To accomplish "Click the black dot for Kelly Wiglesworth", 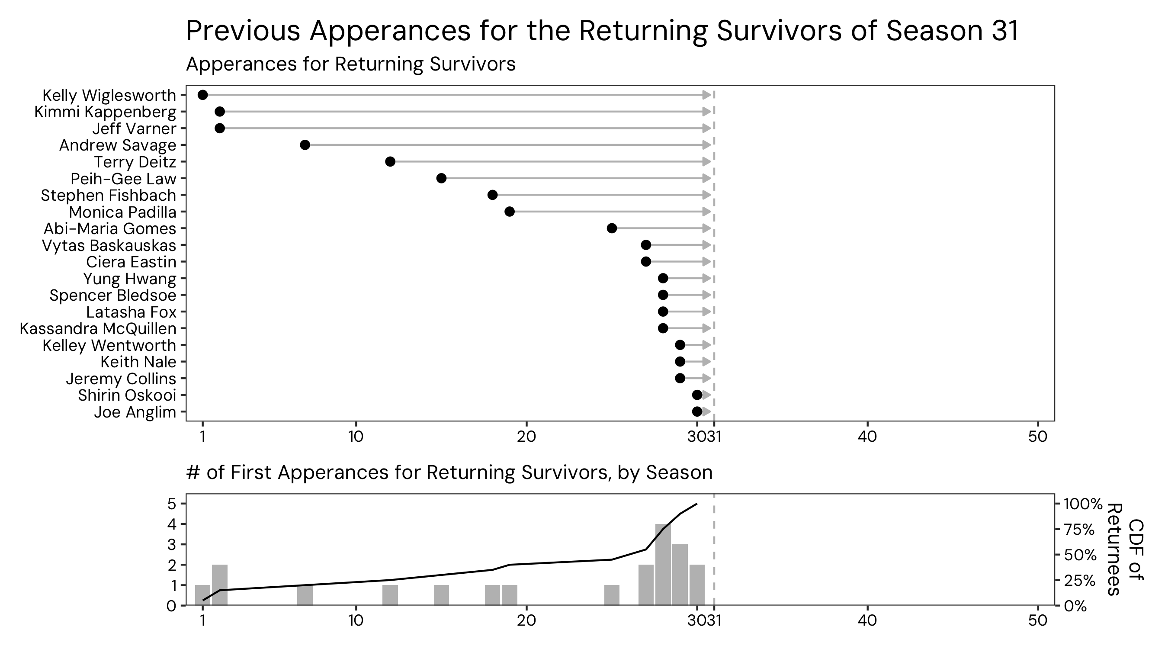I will pos(203,95).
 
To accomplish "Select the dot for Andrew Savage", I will pos(305,145).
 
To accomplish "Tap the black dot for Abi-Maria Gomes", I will pos(612,228).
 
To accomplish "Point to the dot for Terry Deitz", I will pos(390,161).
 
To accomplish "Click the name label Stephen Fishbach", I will pos(109,196).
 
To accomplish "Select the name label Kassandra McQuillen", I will pos(98,329).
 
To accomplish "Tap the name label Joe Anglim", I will pos(135,412).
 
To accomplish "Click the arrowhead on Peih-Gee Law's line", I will pos(706,178).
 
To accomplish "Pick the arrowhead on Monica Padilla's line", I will pos(706,212).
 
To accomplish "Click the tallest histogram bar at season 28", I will pos(663,565).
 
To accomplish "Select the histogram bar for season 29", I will pos(680,575).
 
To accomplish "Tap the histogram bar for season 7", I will pos(305,595).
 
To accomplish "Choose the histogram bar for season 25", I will pos(612,595).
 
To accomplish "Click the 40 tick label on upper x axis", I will pos(867,437).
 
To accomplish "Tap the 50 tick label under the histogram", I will pos(1038,620).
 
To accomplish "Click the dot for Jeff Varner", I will pos(219,129).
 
